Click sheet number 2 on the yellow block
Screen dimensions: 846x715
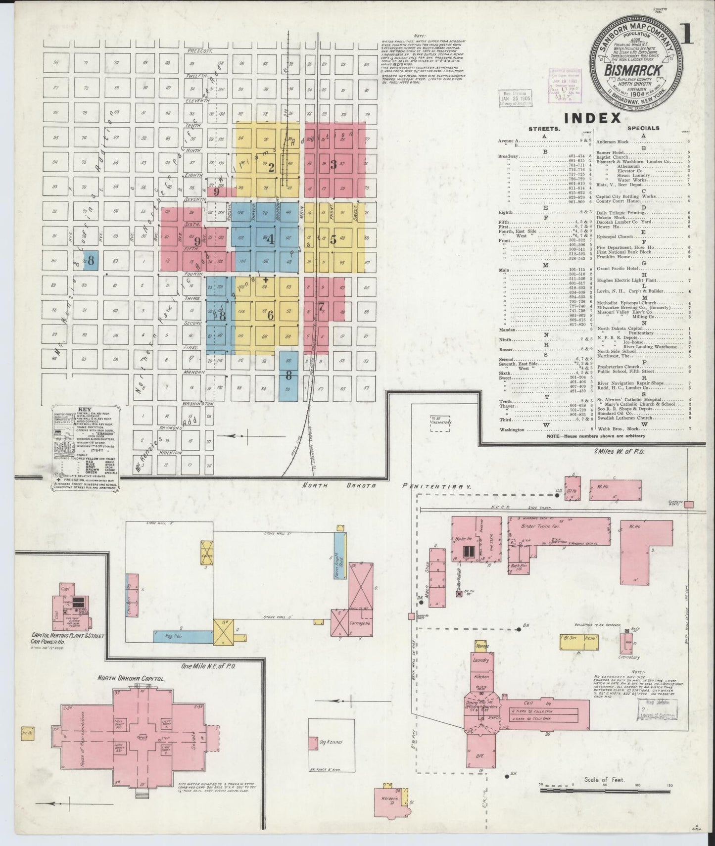[x=271, y=167]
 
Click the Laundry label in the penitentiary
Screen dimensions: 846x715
[x=481, y=660]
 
